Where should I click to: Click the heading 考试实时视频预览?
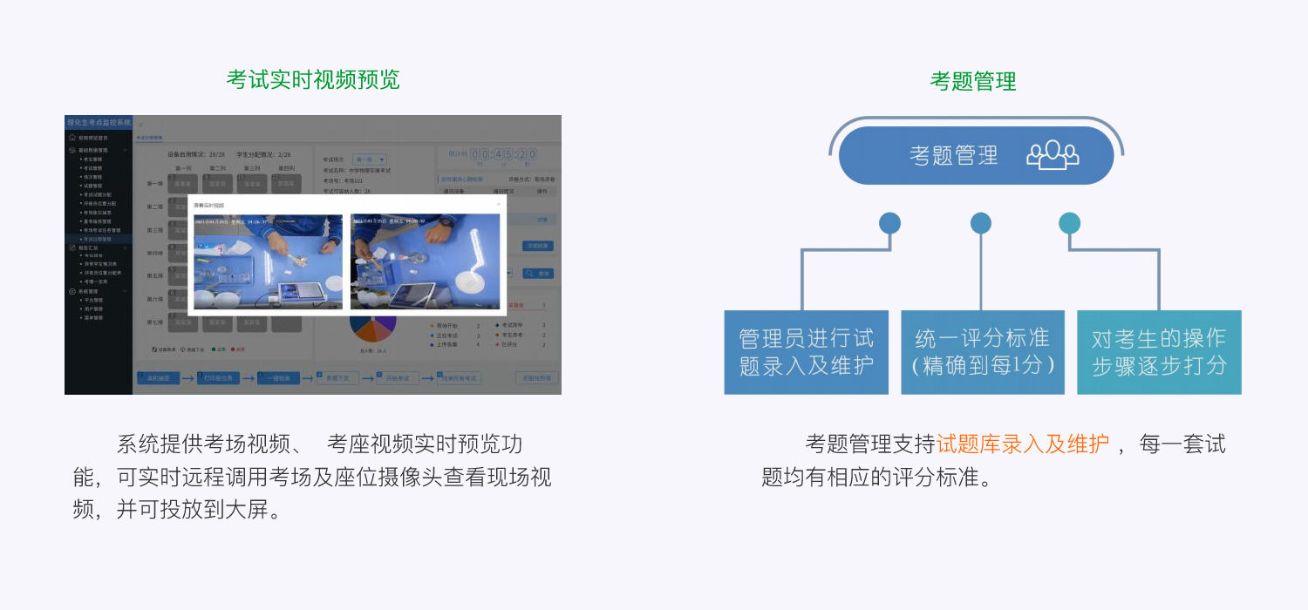pyautogui.click(x=313, y=79)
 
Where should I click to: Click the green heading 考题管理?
pyautogui.click(x=973, y=82)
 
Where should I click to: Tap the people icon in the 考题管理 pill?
pyautogui.click(x=1053, y=155)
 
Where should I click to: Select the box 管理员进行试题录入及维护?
pyautogui.click(x=806, y=352)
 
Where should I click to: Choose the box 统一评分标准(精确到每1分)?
pyautogui.click(x=983, y=352)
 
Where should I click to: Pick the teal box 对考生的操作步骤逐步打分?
pyautogui.click(x=1159, y=352)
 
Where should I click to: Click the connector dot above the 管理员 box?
pyautogui.click(x=889, y=223)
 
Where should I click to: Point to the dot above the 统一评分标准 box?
pyautogui.click(x=981, y=223)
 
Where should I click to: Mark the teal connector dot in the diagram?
pyautogui.click(x=1069, y=223)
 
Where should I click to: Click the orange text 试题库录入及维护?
pyautogui.click(x=1023, y=444)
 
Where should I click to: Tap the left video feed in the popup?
pyautogui.click(x=268, y=262)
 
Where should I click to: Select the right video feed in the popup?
pyautogui.click(x=425, y=262)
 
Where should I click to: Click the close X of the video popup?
pyautogui.click(x=499, y=204)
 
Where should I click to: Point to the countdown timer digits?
pyautogui.click(x=503, y=154)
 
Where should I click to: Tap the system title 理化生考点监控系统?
pyautogui.click(x=99, y=123)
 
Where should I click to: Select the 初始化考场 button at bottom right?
pyautogui.click(x=536, y=378)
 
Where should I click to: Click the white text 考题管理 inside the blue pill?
pyautogui.click(x=953, y=155)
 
